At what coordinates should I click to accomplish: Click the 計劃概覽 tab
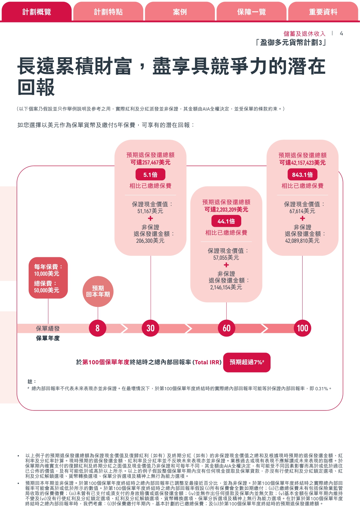[37, 12]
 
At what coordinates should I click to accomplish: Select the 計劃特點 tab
[108, 12]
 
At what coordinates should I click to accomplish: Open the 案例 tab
[180, 12]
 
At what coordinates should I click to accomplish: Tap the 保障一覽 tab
[251, 12]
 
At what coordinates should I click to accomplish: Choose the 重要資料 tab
[323, 12]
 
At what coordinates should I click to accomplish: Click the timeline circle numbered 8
[97, 328]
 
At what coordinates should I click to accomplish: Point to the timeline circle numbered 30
[151, 328]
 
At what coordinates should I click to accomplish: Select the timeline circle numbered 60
[226, 328]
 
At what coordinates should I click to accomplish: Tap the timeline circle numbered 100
[302, 328]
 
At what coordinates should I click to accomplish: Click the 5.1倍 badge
[151, 175]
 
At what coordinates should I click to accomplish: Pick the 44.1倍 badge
[226, 221]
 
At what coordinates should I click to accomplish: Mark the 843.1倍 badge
[302, 175]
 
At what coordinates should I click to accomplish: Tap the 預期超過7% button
[247, 362]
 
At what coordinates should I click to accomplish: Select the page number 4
[341, 34]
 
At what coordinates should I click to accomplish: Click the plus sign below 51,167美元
[151, 218]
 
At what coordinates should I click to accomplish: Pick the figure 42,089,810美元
[302, 241]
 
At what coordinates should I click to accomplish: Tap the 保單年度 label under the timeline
[48, 338]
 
